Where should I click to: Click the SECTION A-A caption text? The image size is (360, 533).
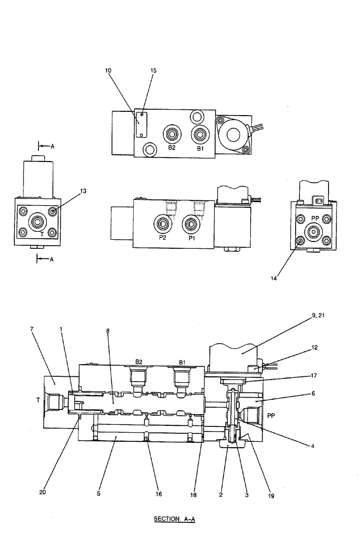point(175,519)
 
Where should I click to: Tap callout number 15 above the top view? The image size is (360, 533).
point(153,70)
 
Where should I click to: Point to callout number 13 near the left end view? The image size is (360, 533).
point(84,190)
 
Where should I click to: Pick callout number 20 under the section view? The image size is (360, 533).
point(42,492)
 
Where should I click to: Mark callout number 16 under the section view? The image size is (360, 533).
point(158,494)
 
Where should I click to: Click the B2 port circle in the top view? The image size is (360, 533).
point(171,133)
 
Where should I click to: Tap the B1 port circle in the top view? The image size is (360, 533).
point(200,134)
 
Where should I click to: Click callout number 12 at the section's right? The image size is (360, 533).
point(315,348)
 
